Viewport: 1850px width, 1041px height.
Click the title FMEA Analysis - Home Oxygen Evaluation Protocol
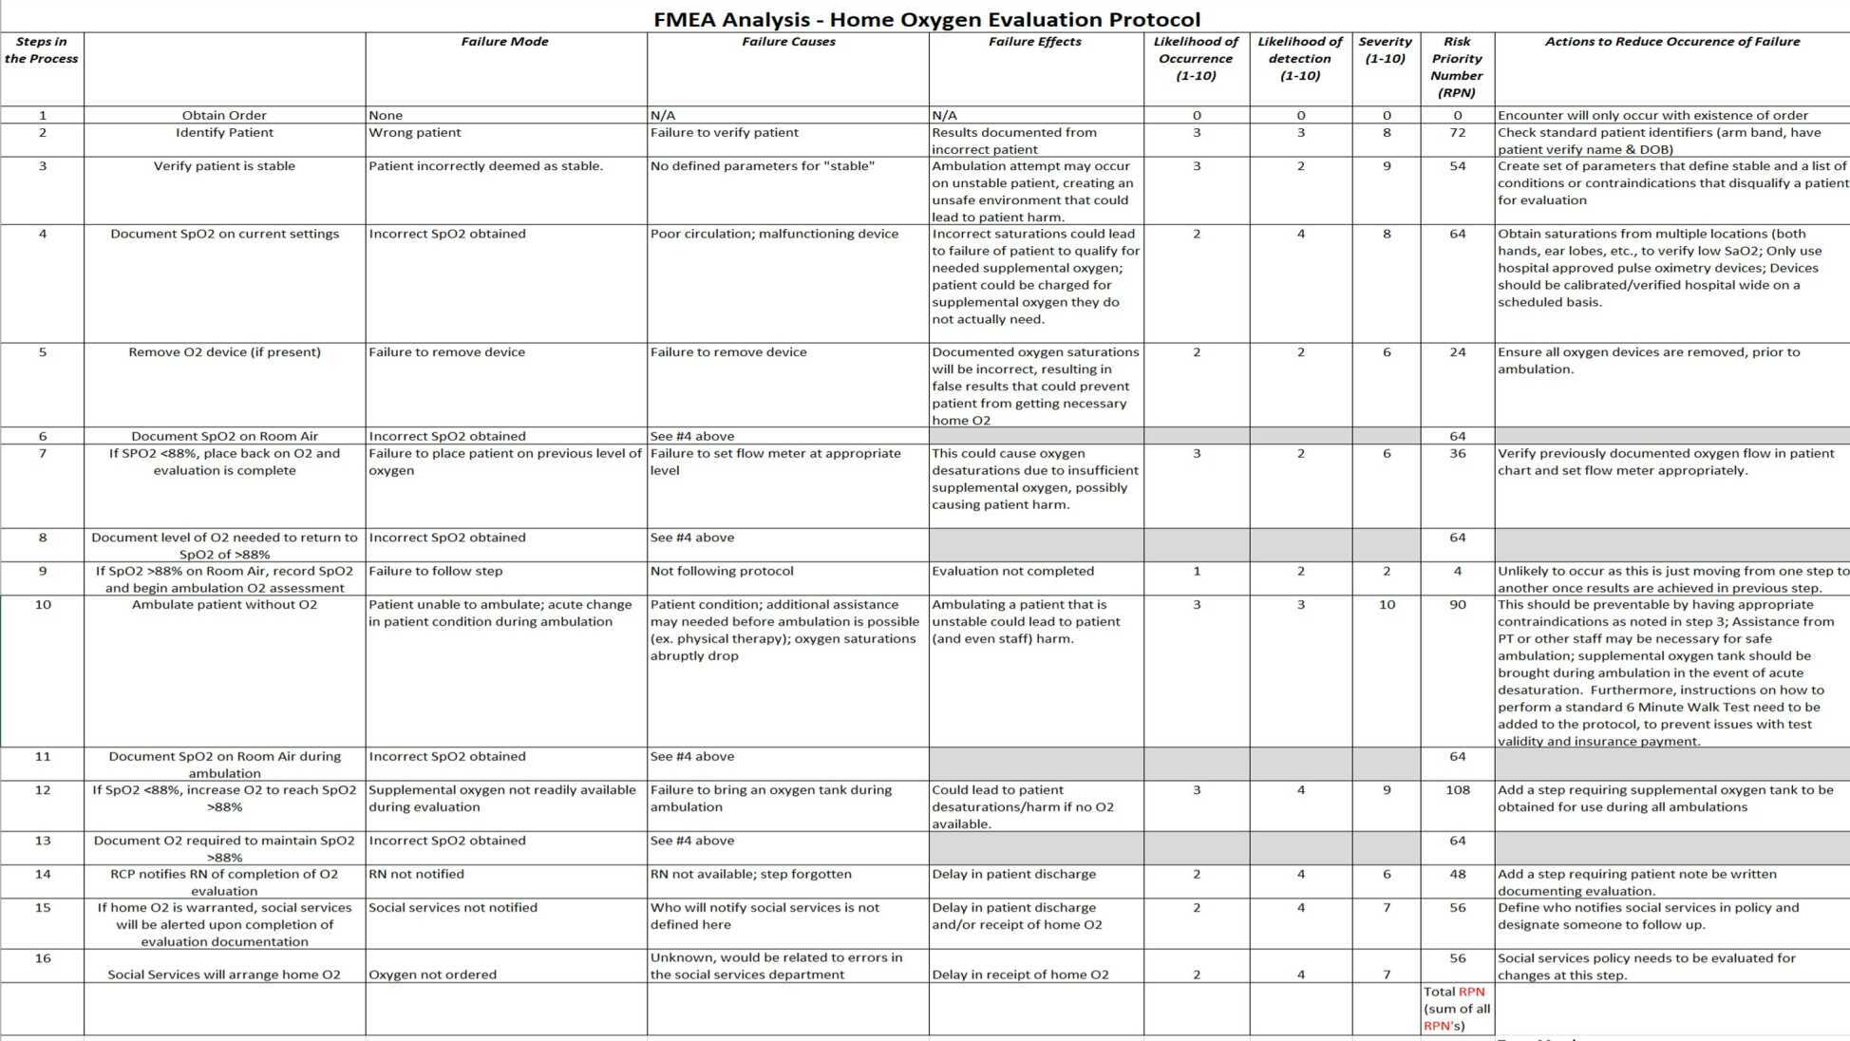click(x=926, y=19)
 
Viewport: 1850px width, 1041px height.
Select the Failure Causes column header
click(x=788, y=42)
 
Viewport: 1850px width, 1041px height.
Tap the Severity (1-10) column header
click(x=1385, y=50)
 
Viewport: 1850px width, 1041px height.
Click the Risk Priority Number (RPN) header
click(x=1457, y=67)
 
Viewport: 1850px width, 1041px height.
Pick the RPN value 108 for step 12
click(x=1458, y=790)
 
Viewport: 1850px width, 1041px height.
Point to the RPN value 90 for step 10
click(x=1458, y=605)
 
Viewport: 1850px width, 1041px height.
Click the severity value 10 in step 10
click(x=1387, y=605)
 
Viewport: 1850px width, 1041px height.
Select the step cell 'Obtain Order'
click(x=224, y=116)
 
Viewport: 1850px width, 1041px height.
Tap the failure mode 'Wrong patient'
click(x=415, y=133)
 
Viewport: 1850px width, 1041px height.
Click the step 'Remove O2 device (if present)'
click(x=224, y=352)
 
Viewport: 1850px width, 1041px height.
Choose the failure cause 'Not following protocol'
click(x=722, y=572)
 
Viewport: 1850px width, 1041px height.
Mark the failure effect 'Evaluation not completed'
click(x=1012, y=572)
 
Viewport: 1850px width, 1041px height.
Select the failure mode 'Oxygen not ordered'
click(x=432, y=975)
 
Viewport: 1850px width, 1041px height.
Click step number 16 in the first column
click(x=43, y=958)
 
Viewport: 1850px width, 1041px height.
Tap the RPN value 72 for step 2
click(x=1458, y=133)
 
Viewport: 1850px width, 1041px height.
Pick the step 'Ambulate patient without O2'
click(x=224, y=605)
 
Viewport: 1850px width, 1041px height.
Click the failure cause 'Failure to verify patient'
click(x=725, y=133)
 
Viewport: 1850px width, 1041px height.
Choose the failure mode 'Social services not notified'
click(x=453, y=908)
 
